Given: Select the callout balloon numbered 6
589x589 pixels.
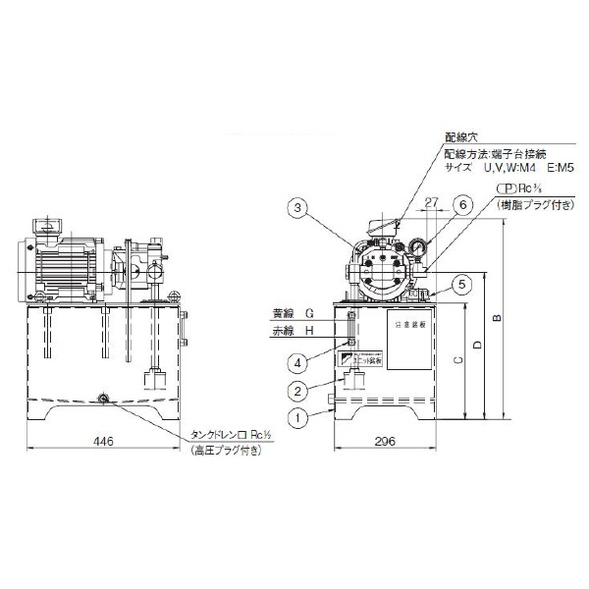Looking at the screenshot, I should (462, 204).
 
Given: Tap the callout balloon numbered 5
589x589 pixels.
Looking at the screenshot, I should (462, 285).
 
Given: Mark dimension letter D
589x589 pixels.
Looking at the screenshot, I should (477, 346).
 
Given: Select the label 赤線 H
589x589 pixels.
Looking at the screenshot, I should (292, 331).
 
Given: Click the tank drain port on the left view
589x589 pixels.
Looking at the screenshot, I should (104, 398).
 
